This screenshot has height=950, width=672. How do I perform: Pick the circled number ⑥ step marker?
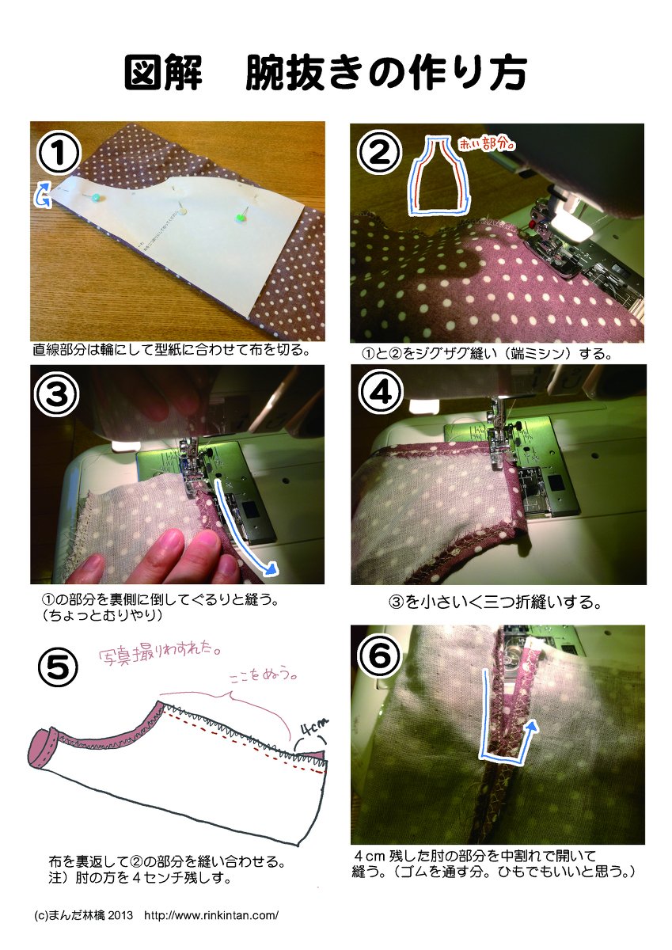[x=379, y=656]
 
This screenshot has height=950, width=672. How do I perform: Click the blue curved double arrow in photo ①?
[x=44, y=194]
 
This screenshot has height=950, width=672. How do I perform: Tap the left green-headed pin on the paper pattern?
[x=97, y=197]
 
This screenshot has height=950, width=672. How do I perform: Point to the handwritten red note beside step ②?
[x=486, y=145]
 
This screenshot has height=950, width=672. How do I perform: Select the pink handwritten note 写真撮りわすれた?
[x=159, y=655]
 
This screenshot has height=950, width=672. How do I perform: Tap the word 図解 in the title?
[x=162, y=73]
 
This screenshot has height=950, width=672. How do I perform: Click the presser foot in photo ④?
[x=499, y=441]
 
